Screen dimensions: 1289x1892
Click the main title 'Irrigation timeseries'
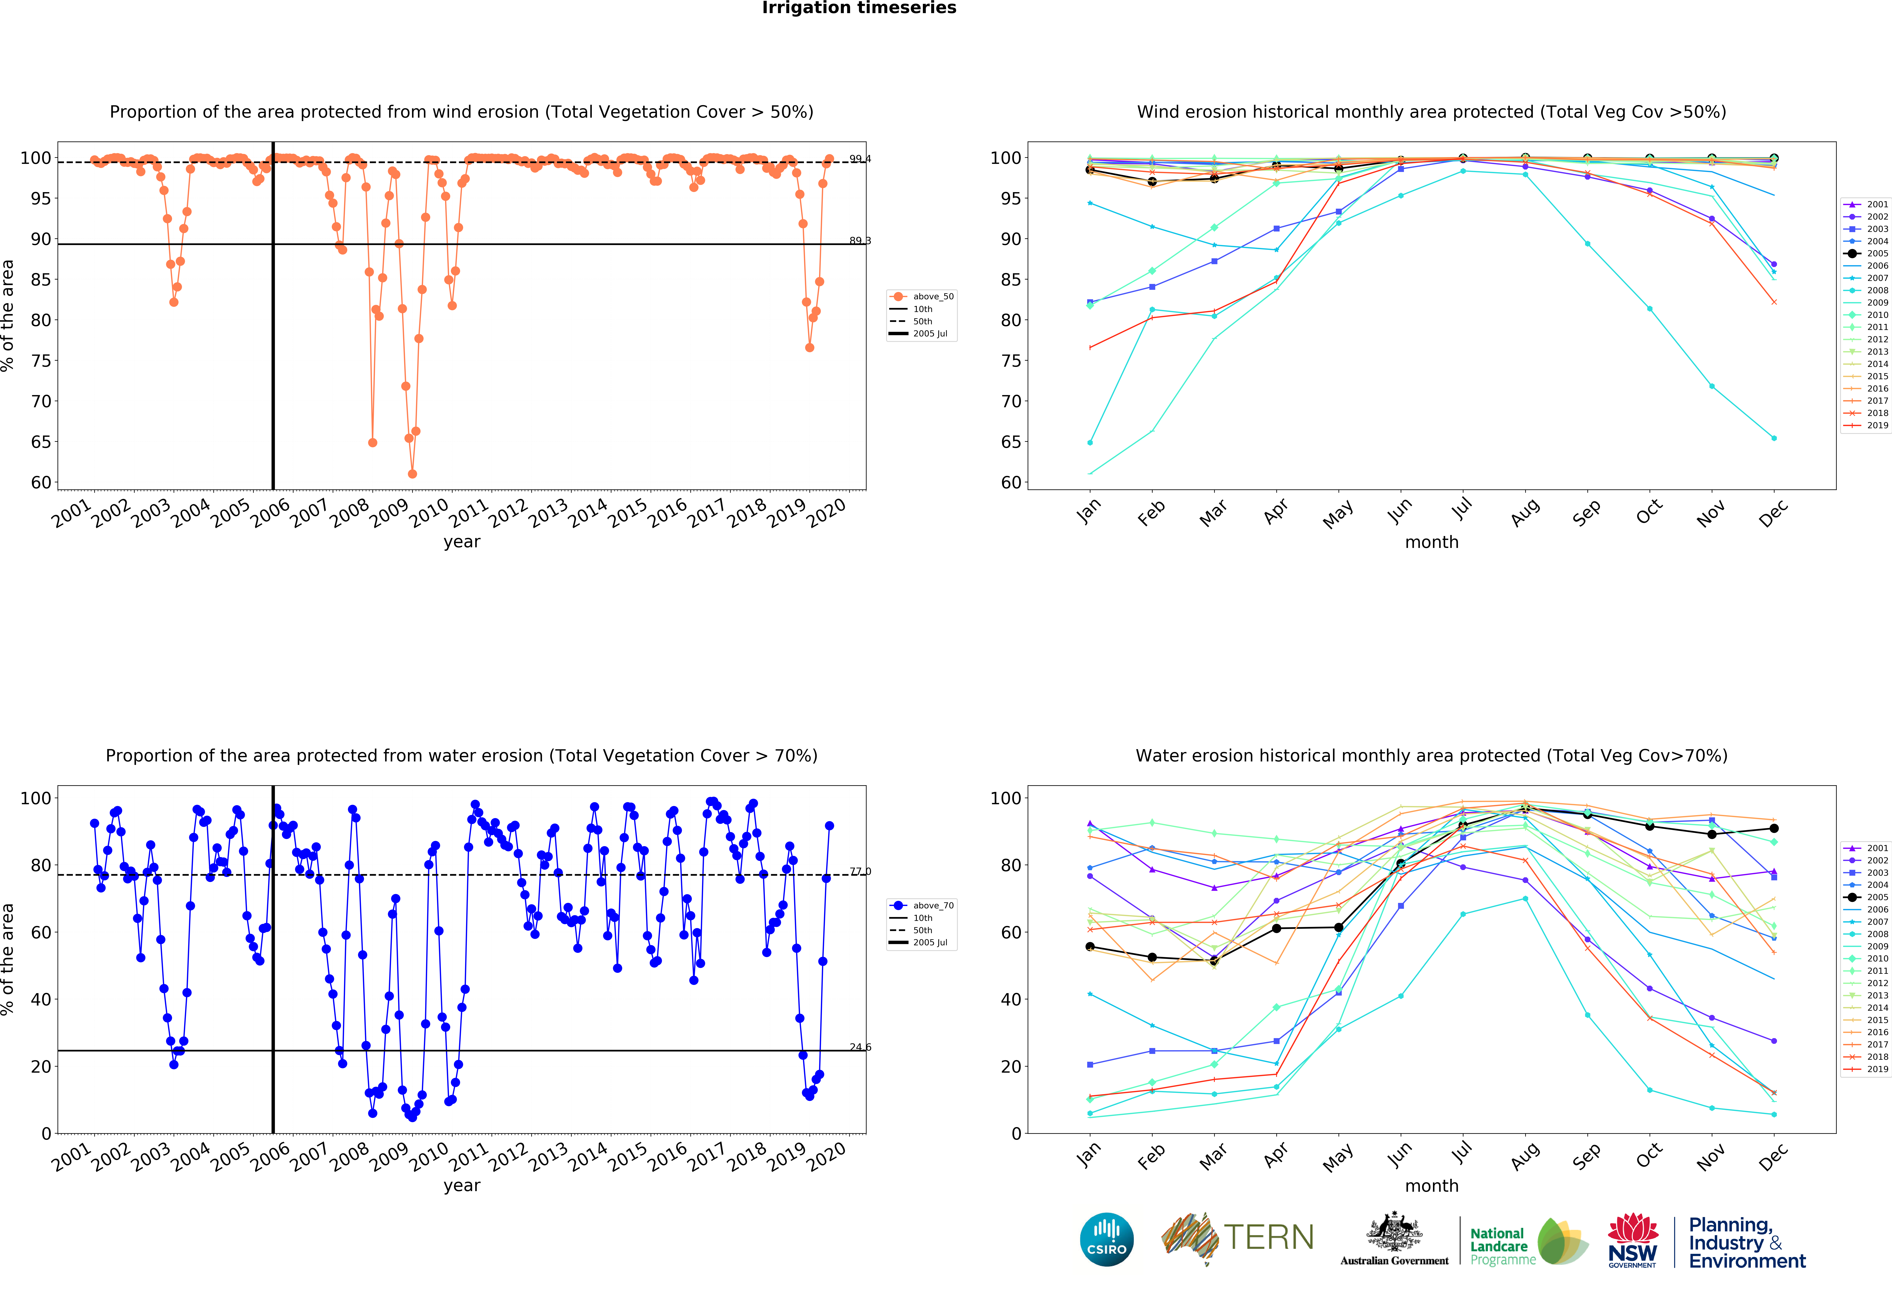click(859, 8)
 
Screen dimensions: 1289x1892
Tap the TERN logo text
click(1268, 1238)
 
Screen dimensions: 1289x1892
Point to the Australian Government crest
click(1395, 1233)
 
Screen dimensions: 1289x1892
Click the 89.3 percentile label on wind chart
click(860, 241)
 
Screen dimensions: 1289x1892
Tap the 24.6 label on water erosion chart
click(860, 1047)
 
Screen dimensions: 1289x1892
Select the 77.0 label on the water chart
click(860, 871)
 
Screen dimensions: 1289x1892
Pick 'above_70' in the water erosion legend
click(933, 906)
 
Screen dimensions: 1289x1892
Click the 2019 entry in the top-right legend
click(1877, 426)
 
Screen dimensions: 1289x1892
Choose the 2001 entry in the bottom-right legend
click(1877, 848)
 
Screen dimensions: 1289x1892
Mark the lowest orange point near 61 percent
click(412, 474)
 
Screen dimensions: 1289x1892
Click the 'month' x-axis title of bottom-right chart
click(1431, 1186)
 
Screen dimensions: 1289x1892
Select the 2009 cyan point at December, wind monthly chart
click(1774, 438)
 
